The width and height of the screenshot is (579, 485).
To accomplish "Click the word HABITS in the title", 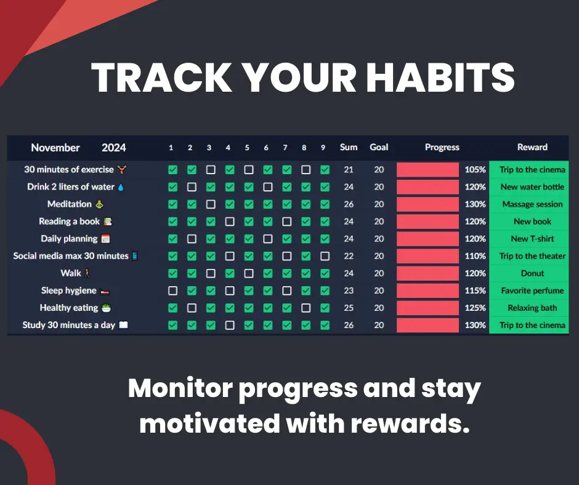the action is click(x=440, y=78).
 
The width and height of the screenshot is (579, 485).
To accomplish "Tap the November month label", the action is click(x=55, y=148).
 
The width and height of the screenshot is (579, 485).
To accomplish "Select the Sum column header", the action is click(x=349, y=147).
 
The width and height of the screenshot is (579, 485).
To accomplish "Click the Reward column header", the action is click(x=532, y=147).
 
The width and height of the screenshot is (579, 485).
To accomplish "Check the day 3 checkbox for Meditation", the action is click(x=211, y=204).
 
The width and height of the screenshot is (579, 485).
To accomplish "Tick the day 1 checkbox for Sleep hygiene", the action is click(x=172, y=291).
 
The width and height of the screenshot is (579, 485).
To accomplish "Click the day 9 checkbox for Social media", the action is click(x=325, y=256).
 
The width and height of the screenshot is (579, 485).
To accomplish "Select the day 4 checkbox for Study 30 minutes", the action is click(x=230, y=325).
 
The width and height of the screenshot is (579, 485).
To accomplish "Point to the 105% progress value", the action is click(x=475, y=170).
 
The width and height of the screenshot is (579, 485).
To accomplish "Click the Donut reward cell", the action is click(x=532, y=273).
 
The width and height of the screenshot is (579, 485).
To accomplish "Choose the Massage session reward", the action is click(x=532, y=204).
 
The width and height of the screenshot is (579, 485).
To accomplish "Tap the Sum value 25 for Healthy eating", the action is click(x=349, y=308).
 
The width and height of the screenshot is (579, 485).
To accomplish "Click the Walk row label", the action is click(x=71, y=273).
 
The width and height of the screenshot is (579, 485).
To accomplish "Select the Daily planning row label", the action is click(x=69, y=239).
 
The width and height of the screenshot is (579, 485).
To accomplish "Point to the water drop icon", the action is click(x=121, y=188).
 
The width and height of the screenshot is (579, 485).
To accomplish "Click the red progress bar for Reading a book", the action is click(x=427, y=222).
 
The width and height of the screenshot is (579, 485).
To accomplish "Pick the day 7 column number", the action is click(x=285, y=148).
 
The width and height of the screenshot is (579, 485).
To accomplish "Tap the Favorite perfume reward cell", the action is click(x=532, y=291).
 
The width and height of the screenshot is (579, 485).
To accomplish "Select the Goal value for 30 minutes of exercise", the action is click(x=379, y=170).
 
